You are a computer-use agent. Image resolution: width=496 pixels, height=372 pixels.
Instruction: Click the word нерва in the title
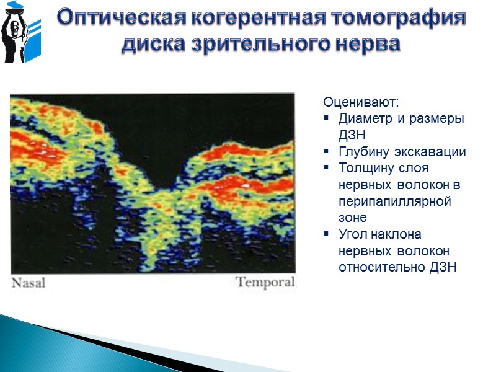pyautogui.click(x=366, y=44)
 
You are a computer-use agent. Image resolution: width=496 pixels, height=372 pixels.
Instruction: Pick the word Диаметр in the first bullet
pyautogui.click(x=364, y=118)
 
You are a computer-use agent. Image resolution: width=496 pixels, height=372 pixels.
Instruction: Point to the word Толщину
pyautogui.click(x=366, y=169)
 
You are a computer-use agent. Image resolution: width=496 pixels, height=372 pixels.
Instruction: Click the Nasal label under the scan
pyautogui.click(x=30, y=283)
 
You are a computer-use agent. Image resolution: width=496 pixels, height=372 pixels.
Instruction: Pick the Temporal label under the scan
pyautogui.click(x=265, y=283)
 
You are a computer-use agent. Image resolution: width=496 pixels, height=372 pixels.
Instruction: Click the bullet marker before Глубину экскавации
pyautogui.click(x=327, y=153)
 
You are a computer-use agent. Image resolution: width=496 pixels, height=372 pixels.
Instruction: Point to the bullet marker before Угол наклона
pyautogui.click(x=327, y=236)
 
